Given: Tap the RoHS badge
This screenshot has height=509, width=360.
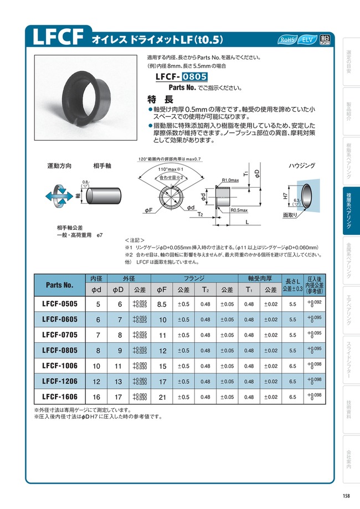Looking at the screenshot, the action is pyautogui.click(x=289, y=40).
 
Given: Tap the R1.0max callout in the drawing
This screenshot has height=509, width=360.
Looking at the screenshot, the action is pyautogui.click(x=230, y=181).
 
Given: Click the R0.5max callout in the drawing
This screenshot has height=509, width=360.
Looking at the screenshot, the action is pyautogui.click(x=239, y=210).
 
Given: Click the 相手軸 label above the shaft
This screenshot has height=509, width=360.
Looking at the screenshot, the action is pyautogui.click(x=102, y=166).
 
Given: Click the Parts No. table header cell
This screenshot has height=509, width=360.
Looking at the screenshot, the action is pyautogui.click(x=59, y=285).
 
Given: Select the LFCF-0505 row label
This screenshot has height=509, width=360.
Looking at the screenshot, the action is pyautogui.click(x=59, y=304).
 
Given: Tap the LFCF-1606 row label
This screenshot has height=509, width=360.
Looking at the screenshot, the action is pyautogui.click(x=59, y=397).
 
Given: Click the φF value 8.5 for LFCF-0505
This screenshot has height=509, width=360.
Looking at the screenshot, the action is pyautogui.click(x=162, y=304).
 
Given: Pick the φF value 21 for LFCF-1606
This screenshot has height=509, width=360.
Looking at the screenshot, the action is pyautogui.click(x=162, y=397).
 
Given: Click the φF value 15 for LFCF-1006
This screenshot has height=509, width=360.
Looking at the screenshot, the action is pyautogui.click(x=162, y=366).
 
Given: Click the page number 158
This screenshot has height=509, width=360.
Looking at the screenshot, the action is pyautogui.click(x=345, y=496).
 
